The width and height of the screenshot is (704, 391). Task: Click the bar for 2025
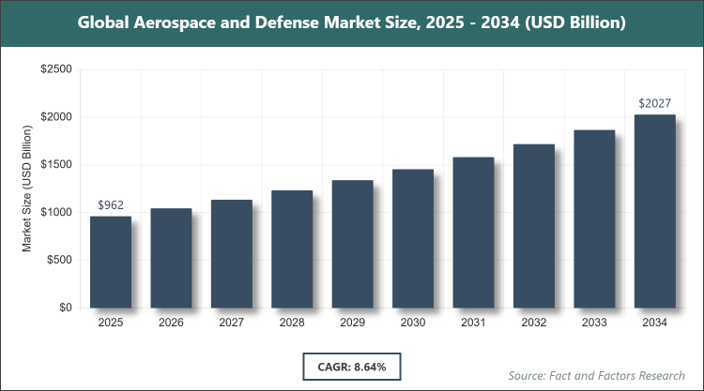point(111,262)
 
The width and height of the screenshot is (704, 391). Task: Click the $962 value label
point(111,204)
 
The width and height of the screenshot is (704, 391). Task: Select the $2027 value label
point(654,102)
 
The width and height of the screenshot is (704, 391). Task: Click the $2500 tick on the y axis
point(56,69)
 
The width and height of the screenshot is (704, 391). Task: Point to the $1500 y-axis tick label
point(56,165)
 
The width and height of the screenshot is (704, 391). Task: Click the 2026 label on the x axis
point(171,323)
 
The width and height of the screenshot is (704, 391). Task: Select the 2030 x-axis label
point(413,323)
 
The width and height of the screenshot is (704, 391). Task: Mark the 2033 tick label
point(594,323)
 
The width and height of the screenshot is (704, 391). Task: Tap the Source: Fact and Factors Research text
point(594,375)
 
